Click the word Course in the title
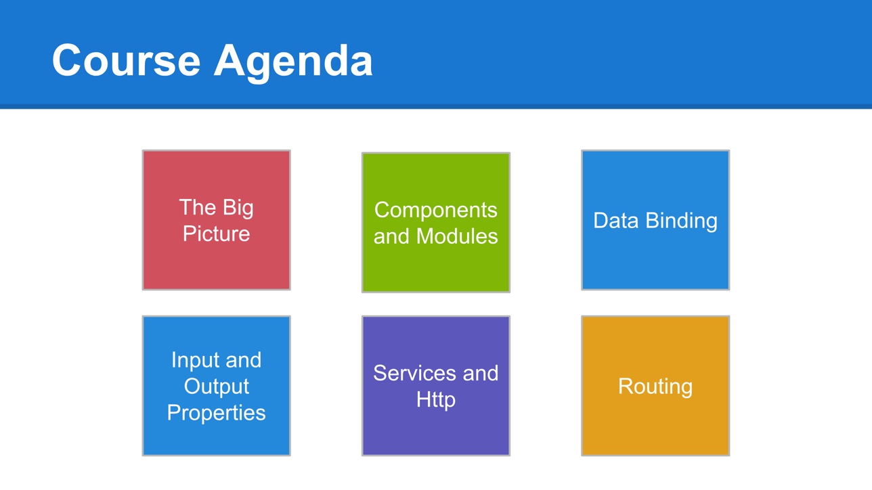126,60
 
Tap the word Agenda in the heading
293,63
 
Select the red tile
217,220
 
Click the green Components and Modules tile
436,222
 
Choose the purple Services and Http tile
436,386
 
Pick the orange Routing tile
655,386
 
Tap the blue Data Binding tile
655,220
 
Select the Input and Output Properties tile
217,386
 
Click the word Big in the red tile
238,208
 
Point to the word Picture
217,233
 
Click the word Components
436,211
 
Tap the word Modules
457,236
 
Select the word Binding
682,221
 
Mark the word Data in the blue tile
616,220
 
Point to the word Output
217,387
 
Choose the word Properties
217,414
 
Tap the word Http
436,401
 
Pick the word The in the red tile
198,207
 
